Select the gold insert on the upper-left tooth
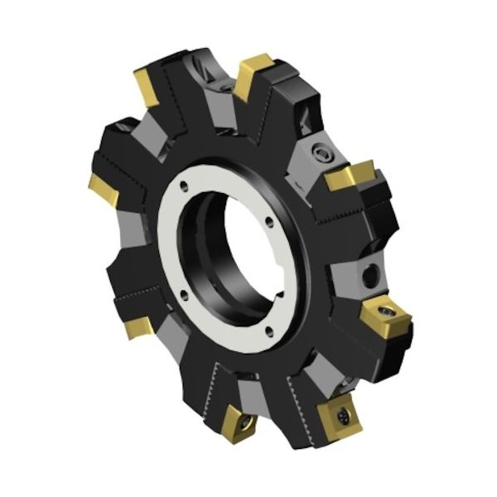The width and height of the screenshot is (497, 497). [x=147, y=86]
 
